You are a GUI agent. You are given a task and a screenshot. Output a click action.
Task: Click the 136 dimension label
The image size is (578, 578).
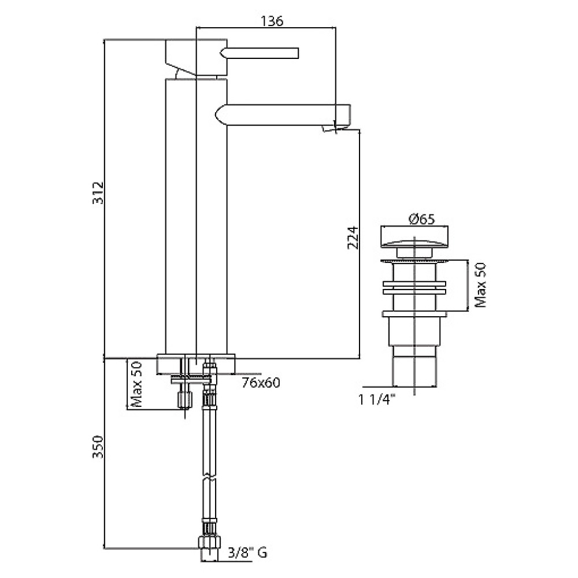(x=272, y=21)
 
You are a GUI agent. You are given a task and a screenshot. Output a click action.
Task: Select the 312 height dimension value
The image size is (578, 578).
(x=98, y=193)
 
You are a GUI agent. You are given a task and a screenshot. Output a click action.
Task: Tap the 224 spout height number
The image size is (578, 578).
(x=353, y=238)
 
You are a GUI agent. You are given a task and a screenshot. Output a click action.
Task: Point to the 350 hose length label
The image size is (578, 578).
(x=98, y=446)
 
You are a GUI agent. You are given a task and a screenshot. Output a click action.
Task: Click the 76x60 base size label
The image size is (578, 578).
(x=261, y=383)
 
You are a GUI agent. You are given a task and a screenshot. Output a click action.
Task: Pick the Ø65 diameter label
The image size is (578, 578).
(x=422, y=219)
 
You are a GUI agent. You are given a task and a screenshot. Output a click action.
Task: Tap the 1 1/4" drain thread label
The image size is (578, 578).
(x=377, y=399)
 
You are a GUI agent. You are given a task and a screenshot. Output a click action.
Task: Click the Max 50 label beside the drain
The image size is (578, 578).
(x=480, y=285)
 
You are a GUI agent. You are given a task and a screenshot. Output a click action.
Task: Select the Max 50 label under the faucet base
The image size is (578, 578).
(x=136, y=384)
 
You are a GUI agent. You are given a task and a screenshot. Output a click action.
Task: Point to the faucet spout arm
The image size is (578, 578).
(x=283, y=114)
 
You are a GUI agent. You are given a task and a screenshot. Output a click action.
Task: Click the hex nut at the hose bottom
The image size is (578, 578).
(x=209, y=543)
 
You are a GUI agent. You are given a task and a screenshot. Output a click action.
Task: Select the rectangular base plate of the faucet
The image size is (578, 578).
(x=196, y=364)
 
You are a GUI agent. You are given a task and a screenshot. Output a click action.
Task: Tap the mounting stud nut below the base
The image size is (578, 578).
(x=185, y=399)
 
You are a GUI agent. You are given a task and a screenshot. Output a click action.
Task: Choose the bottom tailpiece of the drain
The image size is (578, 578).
(x=414, y=372)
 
